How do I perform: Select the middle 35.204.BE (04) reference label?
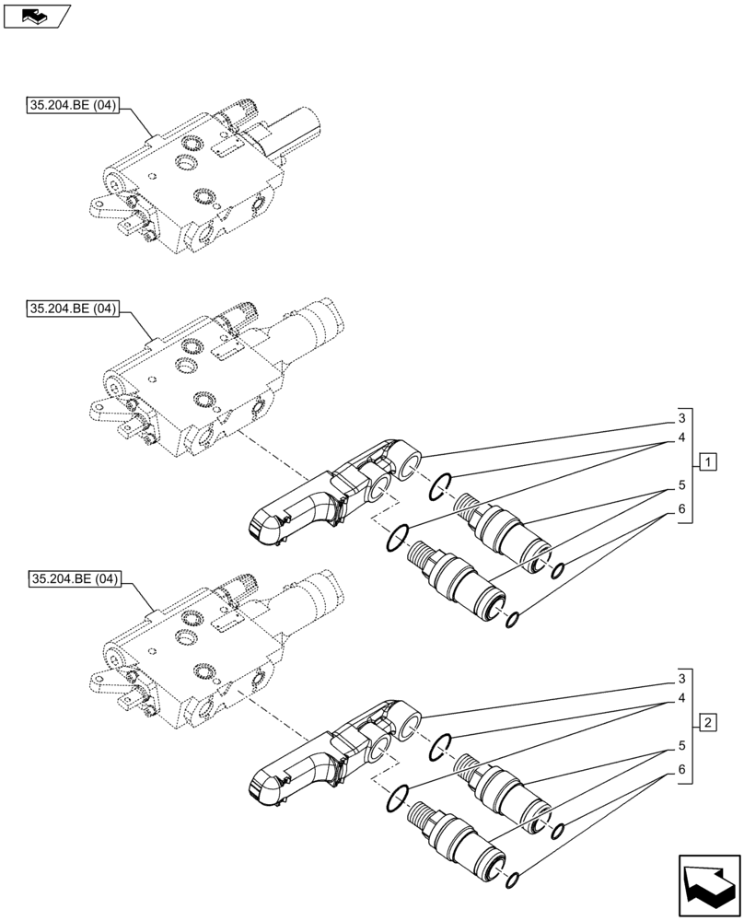(73, 309)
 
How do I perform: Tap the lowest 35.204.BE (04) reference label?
(73, 579)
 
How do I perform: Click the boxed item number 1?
(706, 460)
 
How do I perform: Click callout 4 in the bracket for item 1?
(681, 438)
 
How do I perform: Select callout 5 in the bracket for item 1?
(681, 484)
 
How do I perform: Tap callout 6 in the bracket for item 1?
(681, 509)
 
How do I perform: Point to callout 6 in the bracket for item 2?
(681, 769)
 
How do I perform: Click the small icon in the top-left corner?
(36, 16)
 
